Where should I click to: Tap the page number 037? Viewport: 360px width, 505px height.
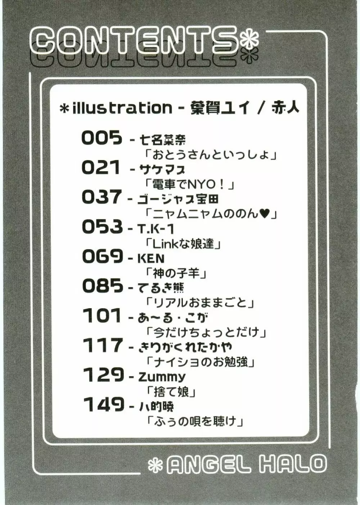pos(102,197)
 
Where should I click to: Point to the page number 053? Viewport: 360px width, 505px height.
pos(103,227)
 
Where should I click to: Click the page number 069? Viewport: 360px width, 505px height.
pos(103,256)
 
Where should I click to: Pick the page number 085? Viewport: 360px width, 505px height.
pos(103,286)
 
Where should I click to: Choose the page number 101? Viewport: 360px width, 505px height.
pos(102,315)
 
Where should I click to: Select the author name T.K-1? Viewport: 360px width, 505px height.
pos(156,229)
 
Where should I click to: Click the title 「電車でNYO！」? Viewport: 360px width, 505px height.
pos(190,185)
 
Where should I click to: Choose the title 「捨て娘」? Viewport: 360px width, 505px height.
pos(171,392)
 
